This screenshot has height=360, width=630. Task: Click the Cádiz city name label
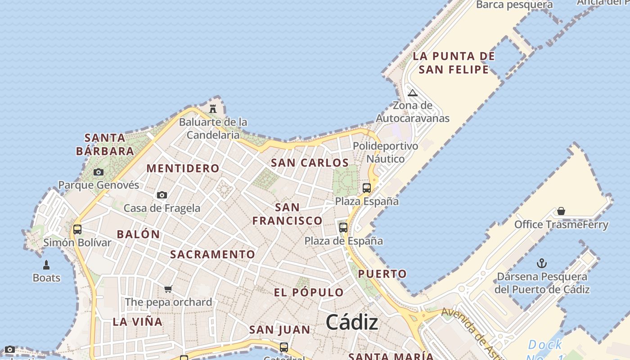tap(351, 322)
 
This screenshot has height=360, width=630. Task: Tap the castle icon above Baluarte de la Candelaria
tap(213, 108)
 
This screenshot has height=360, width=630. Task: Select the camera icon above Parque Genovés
tap(99, 172)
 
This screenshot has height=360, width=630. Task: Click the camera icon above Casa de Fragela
tap(162, 195)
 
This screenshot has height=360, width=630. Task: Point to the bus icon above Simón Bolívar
tap(77, 229)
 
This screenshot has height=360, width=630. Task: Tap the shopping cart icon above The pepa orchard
tap(168, 289)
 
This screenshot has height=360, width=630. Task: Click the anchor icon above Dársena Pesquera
tap(542, 263)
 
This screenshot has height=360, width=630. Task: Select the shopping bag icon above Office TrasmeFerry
tap(561, 211)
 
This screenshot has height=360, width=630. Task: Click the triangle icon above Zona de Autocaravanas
tap(412, 93)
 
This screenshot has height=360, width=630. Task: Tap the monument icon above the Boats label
tap(46, 265)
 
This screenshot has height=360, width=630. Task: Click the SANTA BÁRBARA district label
tap(105, 144)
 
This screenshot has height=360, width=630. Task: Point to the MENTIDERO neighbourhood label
tap(183, 168)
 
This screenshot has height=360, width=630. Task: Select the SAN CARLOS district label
tap(310, 163)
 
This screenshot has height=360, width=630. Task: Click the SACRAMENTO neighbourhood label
tap(212, 254)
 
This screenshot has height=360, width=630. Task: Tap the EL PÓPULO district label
tap(309, 292)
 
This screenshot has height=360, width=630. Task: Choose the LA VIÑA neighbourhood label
tap(137, 321)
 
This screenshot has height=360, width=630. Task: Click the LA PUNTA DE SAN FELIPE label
tap(454, 63)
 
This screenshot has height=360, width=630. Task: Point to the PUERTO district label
tap(382, 274)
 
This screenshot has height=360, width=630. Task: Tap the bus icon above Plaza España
tap(367, 188)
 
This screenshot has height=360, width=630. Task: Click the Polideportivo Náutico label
tap(385, 152)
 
